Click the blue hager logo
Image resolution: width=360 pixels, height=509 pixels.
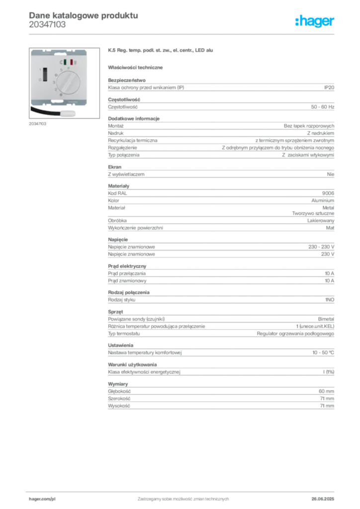[316, 22]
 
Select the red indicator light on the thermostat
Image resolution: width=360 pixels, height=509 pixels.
[72, 63]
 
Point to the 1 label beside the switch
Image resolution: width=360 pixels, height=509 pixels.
[40, 70]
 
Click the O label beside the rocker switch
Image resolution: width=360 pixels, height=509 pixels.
[40, 80]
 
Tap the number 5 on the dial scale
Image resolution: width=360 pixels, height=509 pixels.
[61, 70]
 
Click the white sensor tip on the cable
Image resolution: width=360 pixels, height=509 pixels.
[70, 112]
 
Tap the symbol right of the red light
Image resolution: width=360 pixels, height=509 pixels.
[76, 63]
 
